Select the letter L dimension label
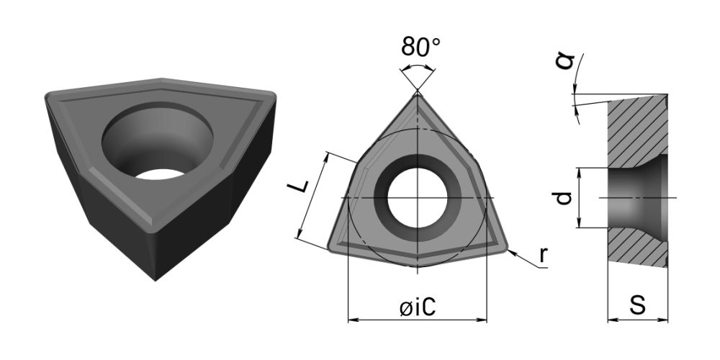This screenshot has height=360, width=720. click(297, 186)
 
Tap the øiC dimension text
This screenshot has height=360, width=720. click(418, 308)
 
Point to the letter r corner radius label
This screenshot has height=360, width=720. click(543, 254)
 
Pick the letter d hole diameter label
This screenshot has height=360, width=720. click(564, 198)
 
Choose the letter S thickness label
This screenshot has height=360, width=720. click(637, 304)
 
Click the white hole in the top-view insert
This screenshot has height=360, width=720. click(418, 198)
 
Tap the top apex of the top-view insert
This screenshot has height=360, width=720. click(418, 92)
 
